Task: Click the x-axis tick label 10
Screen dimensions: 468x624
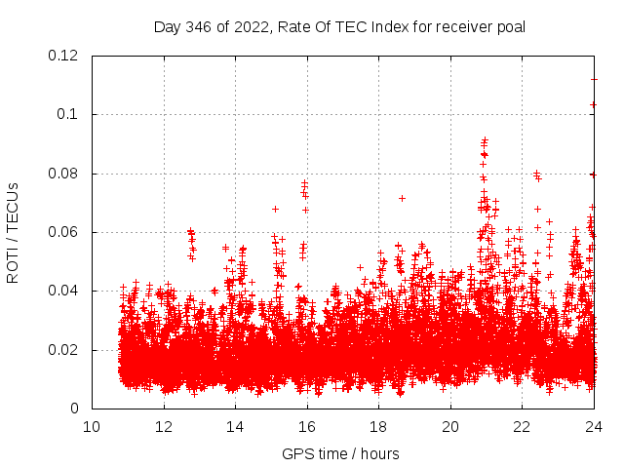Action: (x=92, y=426)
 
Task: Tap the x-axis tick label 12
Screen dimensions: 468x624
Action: (x=164, y=426)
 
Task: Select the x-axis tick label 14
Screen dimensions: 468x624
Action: (x=235, y=426)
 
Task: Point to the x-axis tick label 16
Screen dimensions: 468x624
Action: (x=307, y=426)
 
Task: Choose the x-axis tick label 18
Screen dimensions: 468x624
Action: (x=378, y=426)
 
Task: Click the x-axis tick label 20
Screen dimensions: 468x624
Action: (x=450, y=426)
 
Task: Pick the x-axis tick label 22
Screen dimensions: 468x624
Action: (x=522, y=426)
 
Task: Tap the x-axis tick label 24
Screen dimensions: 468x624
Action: (x=594, y=426)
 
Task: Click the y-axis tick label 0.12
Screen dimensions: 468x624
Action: (x=64, y=56)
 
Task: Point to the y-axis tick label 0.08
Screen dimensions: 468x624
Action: (x=64, y=174)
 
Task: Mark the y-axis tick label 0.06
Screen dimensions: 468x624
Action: (x=64, y=232)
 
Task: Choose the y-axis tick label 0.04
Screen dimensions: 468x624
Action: (x=64, y=291)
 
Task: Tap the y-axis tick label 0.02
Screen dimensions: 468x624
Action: (x=64, y=350)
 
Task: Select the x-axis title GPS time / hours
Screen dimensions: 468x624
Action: (x=340, y=453)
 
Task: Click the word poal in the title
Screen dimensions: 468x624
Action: (x=511, y=26)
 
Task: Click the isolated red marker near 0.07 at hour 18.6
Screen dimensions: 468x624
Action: (x=402, y=198)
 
